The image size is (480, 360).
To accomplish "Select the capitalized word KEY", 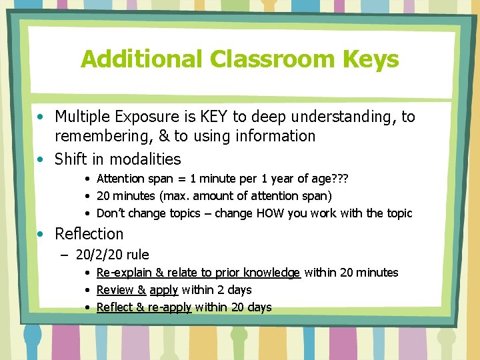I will click(215, 117).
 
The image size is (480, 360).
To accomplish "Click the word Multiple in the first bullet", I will click(83, 117).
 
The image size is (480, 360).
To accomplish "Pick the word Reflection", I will click(89, 234).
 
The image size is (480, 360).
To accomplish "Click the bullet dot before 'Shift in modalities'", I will click(41, 159).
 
